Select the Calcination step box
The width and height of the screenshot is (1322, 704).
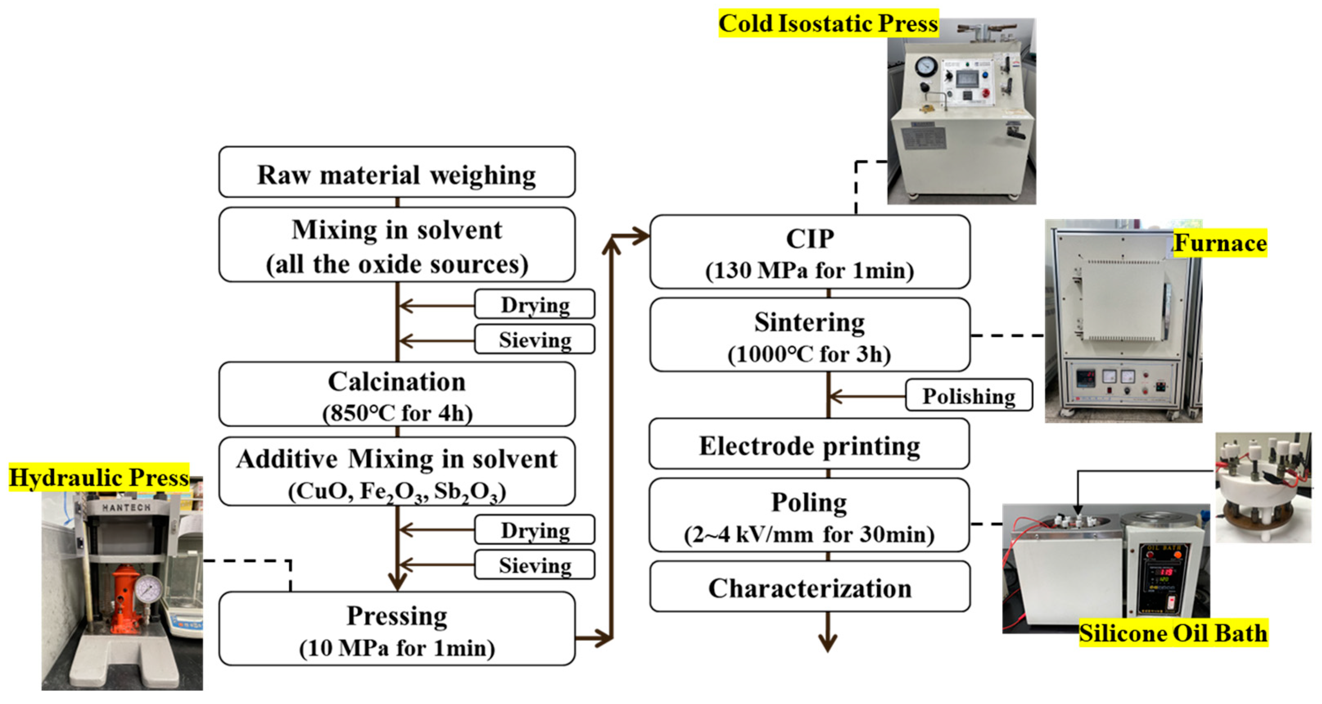pyautogui.click(x=397, y=394)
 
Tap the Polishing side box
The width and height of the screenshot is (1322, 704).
pyautogui.click(x=968, y=396)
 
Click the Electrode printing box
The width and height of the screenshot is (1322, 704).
pyautogui.click(x=809, y=445)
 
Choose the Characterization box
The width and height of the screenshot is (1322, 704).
pyautogui.click(x=809, y=587)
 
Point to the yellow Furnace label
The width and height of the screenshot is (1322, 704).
pyautogui.click(x=1220, y=243)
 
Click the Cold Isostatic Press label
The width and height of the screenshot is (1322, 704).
pyautogui.click(x=828, y=23)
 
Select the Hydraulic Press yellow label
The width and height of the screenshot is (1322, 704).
pyautogui.click(x=99, y=477)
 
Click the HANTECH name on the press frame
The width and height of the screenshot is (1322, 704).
pyautogui.click(x=126, y=508)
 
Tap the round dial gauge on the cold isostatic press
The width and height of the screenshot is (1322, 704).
pyautogui.click(x=926, y=66)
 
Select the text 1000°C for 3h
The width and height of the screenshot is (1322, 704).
pyautogui.click(x=809, y=354)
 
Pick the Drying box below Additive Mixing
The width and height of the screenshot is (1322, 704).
pyautogui.click(x=535, y=530)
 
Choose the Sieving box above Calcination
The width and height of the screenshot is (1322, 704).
pyautogui.click(x=535, y=339)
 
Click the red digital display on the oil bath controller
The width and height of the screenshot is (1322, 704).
pyautogui.click(x=1166, y=571)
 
